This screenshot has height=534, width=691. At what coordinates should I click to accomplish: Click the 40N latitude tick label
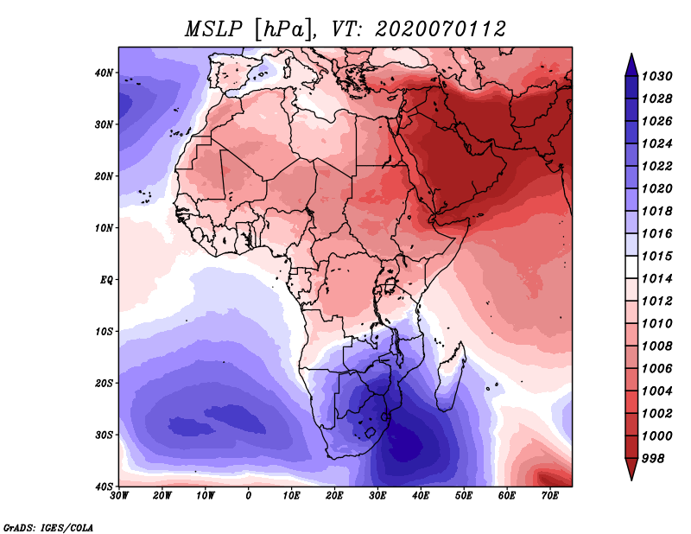coord(104,73)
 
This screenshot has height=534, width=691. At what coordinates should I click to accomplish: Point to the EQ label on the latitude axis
coord(106,280)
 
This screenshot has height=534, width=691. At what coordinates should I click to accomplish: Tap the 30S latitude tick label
coord(104,435)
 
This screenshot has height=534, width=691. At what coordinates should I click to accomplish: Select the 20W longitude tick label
coord(162,496)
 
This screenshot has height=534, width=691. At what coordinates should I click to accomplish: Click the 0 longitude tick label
coord(249,496)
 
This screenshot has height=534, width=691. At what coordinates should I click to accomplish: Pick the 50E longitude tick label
coord(464,496)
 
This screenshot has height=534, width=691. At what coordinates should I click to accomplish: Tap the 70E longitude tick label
coord(550,496)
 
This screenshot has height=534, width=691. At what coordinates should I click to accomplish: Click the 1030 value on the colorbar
coord(656,76)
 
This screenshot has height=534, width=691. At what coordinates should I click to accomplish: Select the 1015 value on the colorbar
coord(656,256)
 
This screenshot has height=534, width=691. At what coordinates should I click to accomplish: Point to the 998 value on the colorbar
coord(653,459)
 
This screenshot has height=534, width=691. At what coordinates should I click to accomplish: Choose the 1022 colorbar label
coord(656,166)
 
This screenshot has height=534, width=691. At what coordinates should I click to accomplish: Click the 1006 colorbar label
coord(656,369)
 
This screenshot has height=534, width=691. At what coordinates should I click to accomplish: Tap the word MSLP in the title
coord(213,29)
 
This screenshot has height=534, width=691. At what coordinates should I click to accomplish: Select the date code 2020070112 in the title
coord(440,29)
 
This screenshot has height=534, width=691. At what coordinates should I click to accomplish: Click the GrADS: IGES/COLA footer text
coord(48,528)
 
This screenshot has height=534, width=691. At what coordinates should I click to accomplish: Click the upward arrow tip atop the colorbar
coord(631,54)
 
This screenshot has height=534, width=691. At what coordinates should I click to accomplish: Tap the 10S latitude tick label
coord(104,332)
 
